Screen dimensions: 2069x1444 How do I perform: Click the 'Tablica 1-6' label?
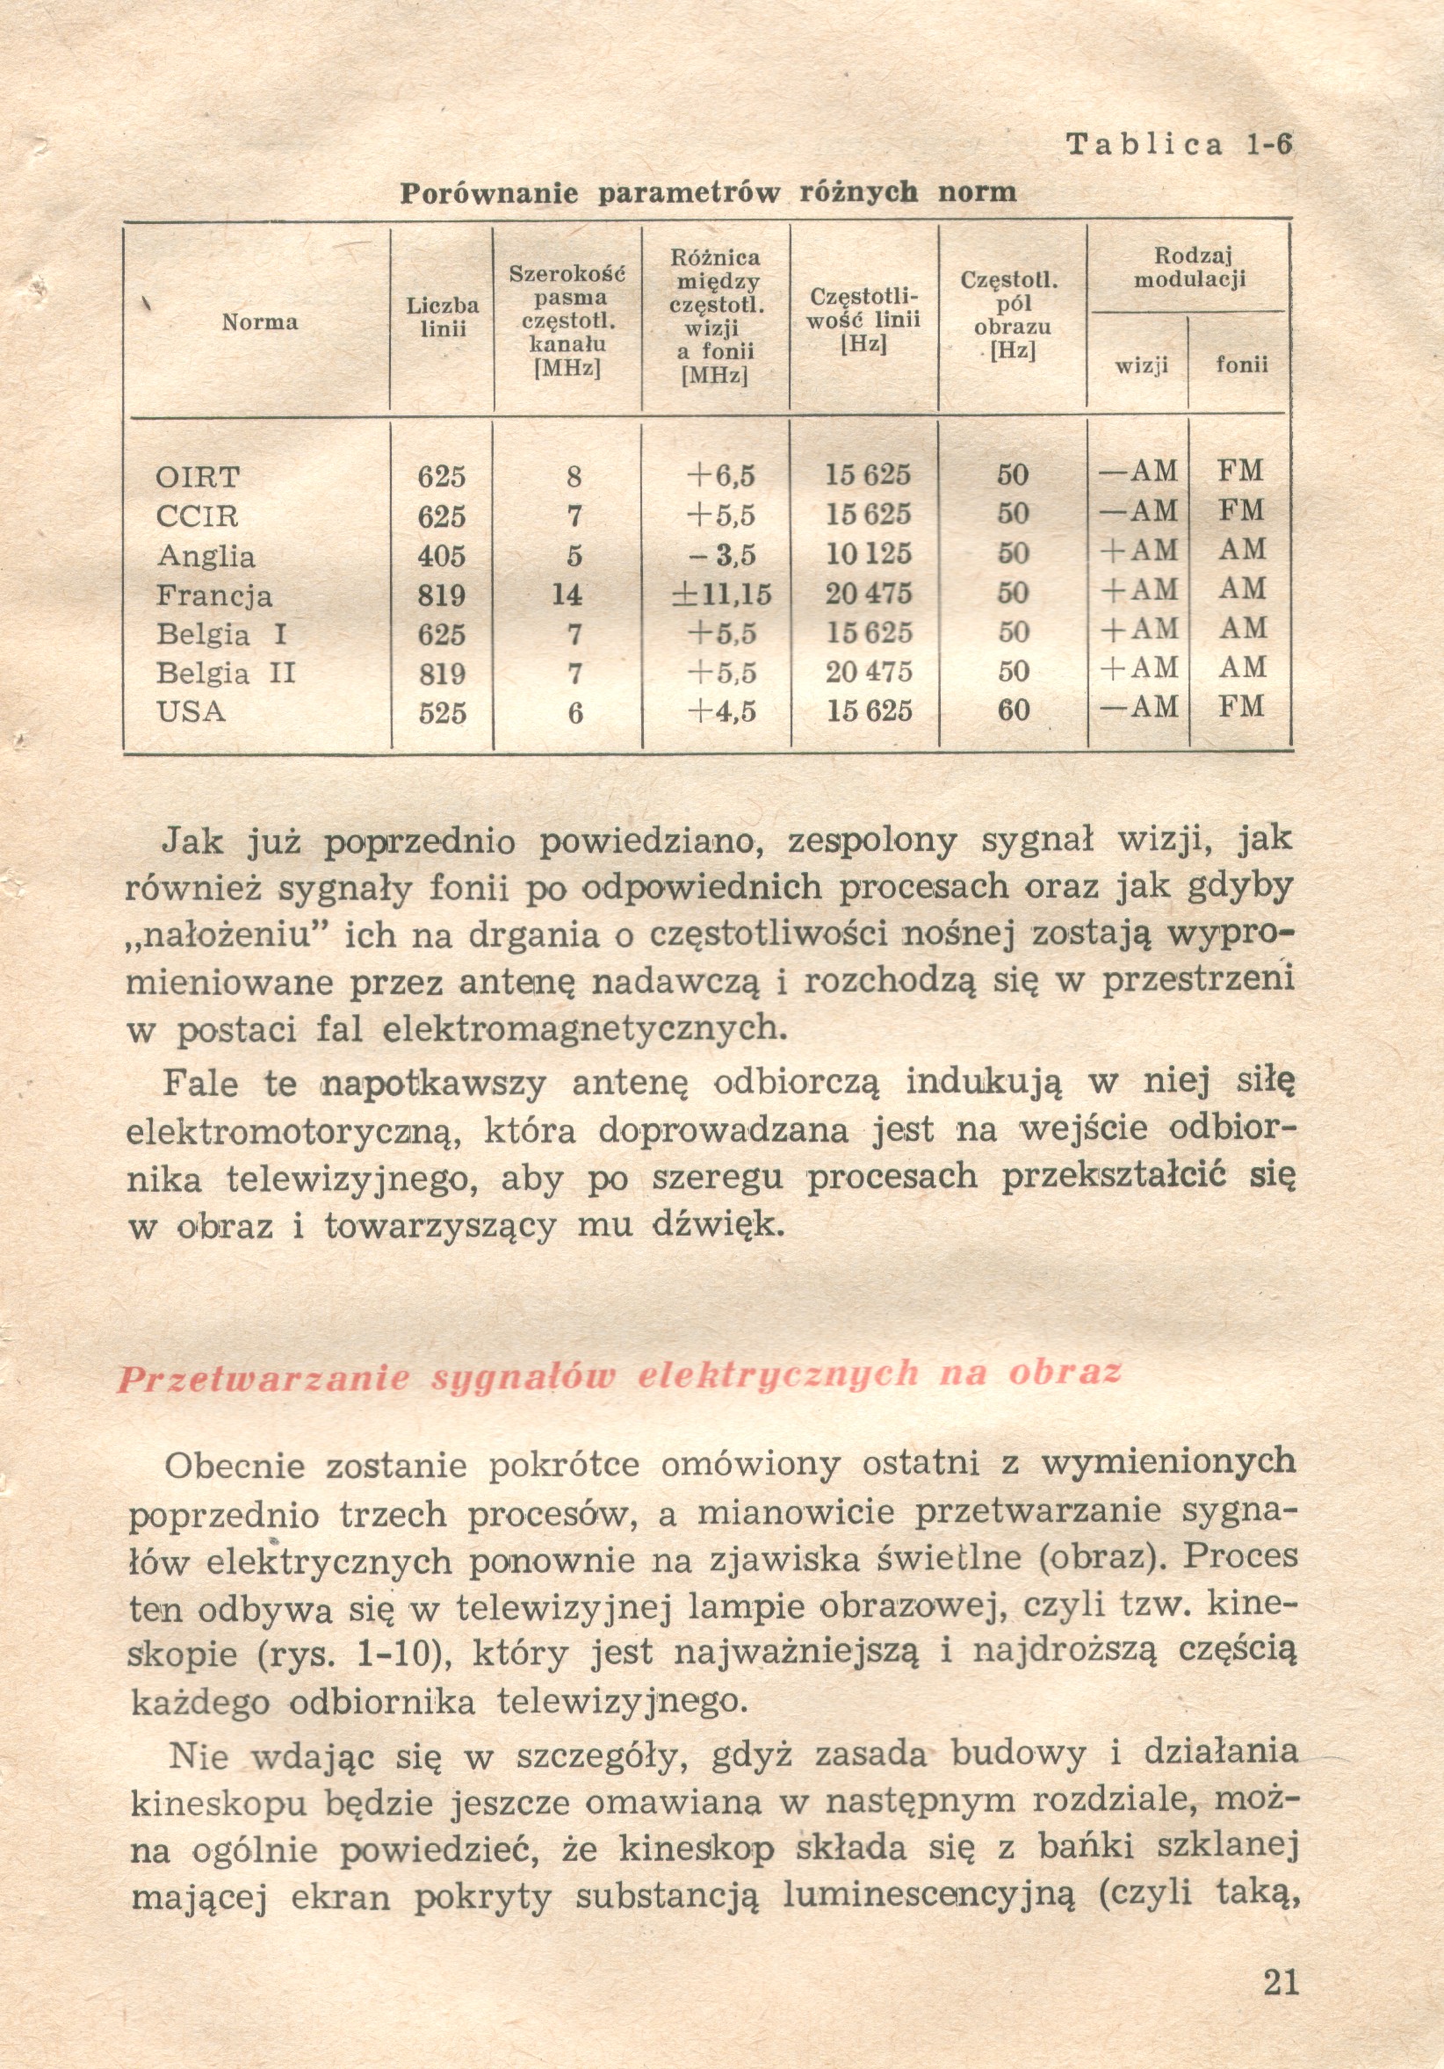click(1179, 144)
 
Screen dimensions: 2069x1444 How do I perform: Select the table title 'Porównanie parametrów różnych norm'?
click(708, 192)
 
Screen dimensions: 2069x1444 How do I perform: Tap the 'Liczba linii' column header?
click(443, 317)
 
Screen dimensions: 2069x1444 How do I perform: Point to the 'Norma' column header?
click(260, 321)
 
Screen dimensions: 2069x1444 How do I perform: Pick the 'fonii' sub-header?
click(1241, 365)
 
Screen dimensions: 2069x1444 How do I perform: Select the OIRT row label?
click(198, 476)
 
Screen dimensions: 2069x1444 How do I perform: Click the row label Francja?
click(213, 595)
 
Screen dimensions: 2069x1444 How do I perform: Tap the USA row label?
click(191, 712)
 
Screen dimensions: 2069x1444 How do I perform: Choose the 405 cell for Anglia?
click(442, 556)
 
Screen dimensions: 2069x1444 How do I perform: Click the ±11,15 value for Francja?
click(721, 594)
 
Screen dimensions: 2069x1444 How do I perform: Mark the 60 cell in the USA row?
click(1013, 710)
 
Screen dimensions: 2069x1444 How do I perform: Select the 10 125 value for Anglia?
click(869, 554)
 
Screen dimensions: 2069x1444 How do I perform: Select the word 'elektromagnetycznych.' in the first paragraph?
click(585, 1029)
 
